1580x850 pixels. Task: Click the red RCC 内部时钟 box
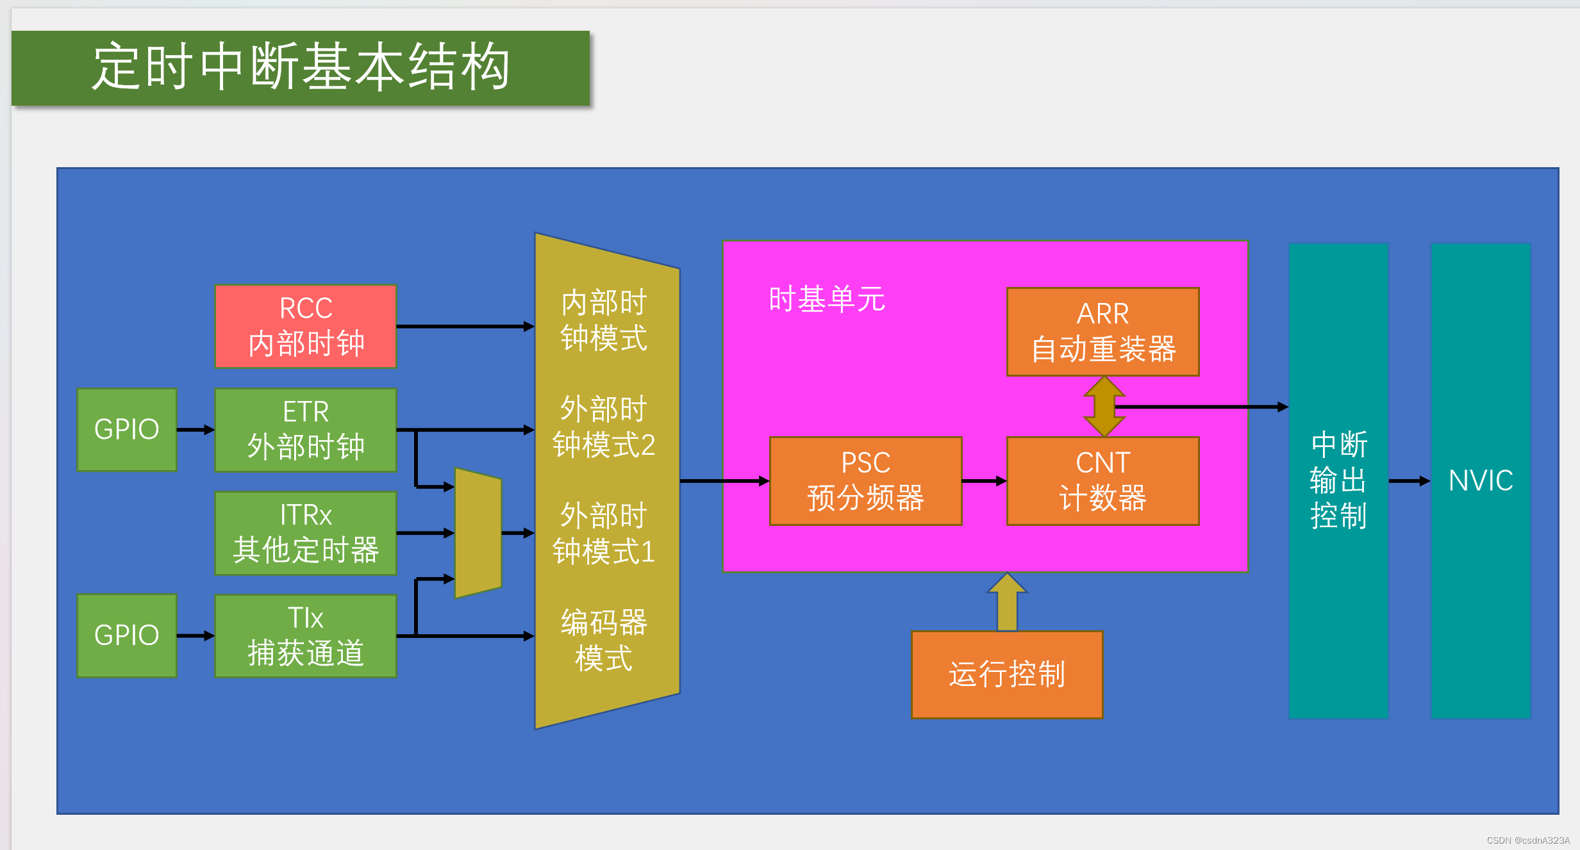[306, 327]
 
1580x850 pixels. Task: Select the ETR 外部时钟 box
[306, 430]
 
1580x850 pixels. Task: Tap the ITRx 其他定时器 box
[306, 533]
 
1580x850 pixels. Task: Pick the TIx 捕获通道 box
[306, 636]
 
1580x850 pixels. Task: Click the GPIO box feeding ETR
[127, 430]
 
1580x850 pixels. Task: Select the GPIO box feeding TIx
[127, 635]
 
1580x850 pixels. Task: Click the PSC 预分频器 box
[865, 481]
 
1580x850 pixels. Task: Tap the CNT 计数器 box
[1102, 481]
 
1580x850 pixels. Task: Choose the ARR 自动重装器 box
[1102, 332]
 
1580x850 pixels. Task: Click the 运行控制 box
[1007, 674]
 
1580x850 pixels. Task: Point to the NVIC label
[1481, 480]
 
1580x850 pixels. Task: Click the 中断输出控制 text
[1338, 480]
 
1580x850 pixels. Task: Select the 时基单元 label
[827, 300]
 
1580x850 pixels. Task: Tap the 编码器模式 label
[604, 640]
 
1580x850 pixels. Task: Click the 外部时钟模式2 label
[604, 427]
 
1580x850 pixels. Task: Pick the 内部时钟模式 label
[604, 320]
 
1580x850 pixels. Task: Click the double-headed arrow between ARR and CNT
[1104, 407]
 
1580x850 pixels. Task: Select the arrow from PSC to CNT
[984, 481]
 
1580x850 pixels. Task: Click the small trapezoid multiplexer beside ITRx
[478, 533]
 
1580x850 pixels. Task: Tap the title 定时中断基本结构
[301, 67]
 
